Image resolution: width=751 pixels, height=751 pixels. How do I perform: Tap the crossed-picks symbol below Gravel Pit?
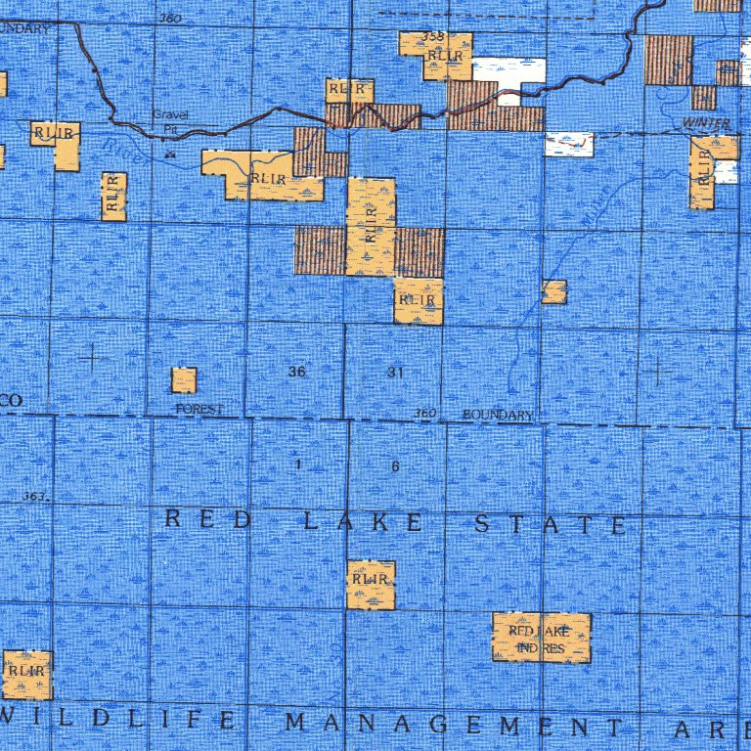[x=170, y=154]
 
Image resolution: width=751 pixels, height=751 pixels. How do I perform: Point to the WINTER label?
[x=706, y=122]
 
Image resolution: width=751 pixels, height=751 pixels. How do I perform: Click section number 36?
[x=297, y=373]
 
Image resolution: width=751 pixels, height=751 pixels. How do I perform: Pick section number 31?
[x=395, y=373]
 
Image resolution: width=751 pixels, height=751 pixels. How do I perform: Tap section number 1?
[x=297, y=465]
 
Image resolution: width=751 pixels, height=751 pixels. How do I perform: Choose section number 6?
[x=395, y=466]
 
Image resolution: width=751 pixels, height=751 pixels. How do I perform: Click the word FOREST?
[x=199, y=409]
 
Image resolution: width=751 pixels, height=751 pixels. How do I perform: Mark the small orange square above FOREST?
[x=184, y=380]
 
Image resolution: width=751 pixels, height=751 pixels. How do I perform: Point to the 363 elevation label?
[x=34, y=498]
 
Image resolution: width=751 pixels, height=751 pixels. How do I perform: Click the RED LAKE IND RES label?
[x=542, y=639]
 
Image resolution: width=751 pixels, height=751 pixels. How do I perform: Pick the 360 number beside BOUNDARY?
[x=424, y=414]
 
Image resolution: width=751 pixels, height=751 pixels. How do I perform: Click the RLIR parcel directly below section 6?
[x=371, y=584]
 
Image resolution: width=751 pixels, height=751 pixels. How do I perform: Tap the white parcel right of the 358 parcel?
[x=508, y=70]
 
